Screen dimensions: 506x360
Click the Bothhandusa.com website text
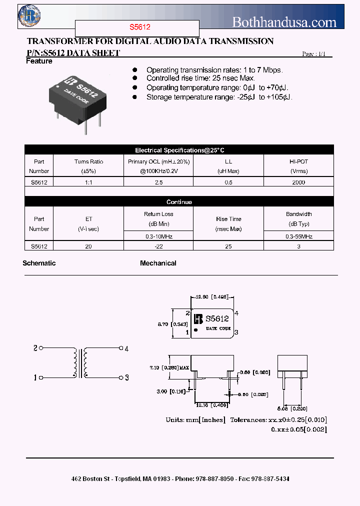pos(284,22)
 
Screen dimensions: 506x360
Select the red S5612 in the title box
pos(137,28)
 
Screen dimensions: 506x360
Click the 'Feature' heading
pos(39,61)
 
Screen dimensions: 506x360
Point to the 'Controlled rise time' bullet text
pos(200,78)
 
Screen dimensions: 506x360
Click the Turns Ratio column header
pos(88,166)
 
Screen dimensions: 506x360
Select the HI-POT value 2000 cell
pos(298,182)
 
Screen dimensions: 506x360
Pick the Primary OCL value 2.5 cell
pos(158,182)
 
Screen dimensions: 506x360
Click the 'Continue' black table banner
pos(179,202)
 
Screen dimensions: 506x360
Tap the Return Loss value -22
pos(158,246)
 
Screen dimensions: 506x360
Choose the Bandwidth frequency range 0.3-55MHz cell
pos(298,236)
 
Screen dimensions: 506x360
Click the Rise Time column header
pos(228,223)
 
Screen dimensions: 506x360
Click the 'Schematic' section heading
pos(39,263)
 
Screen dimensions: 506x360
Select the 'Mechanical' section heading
pos(158,263)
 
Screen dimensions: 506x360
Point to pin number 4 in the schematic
pos(126,348)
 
